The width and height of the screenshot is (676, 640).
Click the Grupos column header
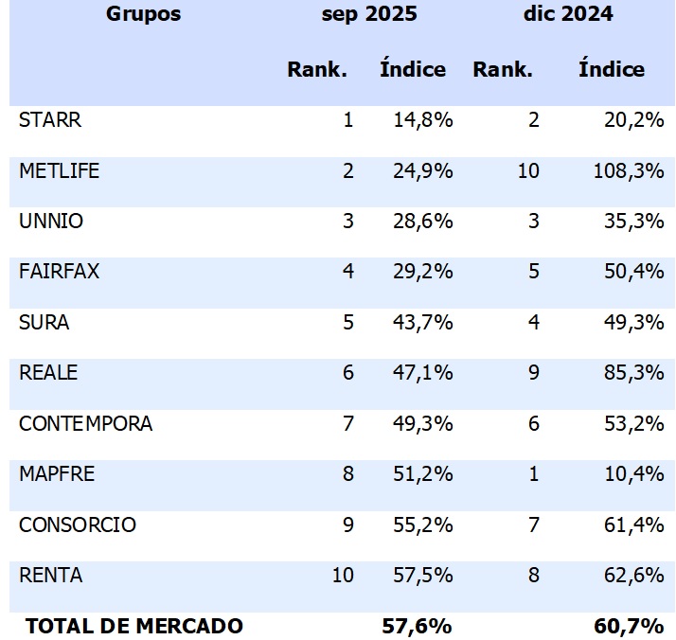click(x=143, y=14)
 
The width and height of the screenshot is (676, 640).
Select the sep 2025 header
click(x=369, y=14)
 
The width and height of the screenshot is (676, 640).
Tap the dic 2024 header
click(x=567, y=14)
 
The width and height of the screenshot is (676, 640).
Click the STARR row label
click(x=50, y=120)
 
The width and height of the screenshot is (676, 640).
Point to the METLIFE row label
click(x=59, y=171)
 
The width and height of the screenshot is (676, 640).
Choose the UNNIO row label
click(x=51, y=222)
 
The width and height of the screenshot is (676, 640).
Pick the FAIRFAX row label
click(x=59, y=272)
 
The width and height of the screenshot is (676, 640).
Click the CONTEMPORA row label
click(x=85, y=423)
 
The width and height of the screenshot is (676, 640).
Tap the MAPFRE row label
click(x=57, y=473)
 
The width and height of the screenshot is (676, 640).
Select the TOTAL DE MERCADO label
click(x=134, y=626)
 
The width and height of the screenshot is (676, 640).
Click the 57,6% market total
click(x=416, y=626)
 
